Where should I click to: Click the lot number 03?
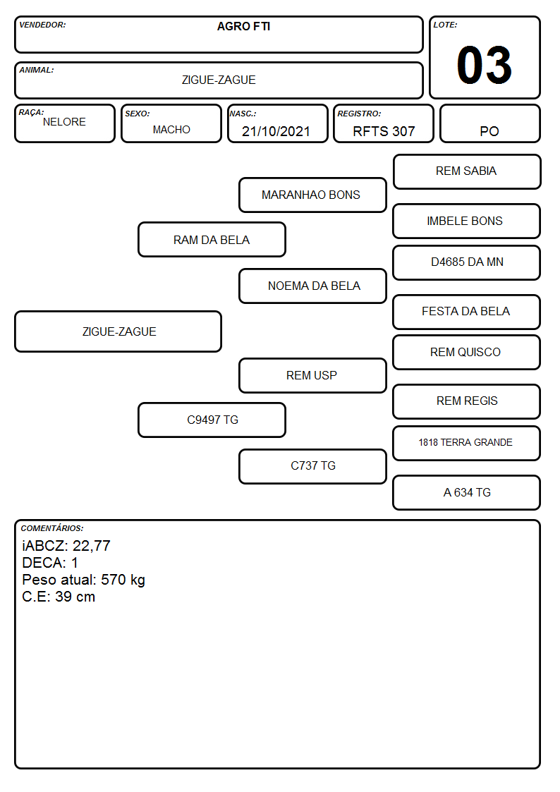point(484,65)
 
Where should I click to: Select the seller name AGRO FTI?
point(243,26)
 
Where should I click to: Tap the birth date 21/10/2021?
point(276,131)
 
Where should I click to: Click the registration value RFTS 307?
point(384,131)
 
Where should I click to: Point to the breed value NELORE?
point(64,122)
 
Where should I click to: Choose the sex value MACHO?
point(171,130)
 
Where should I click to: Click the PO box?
point(489,123)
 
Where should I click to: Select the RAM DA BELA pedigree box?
point(212,239)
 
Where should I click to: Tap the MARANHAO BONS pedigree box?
point(312,195)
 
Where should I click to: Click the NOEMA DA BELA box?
point(312,286)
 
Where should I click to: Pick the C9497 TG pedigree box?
point(212,420)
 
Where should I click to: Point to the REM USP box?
point(312,375)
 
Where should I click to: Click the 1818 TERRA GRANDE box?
point(467,443)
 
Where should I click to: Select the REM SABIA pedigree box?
point(467,172)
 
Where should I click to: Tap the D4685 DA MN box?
point(467,262)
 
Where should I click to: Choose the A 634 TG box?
point(467,492)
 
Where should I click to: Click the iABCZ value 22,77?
point(92,546)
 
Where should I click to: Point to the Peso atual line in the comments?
point(83,580)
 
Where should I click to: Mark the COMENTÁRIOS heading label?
point(52,528)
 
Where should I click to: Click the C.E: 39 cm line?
point(59,597)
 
